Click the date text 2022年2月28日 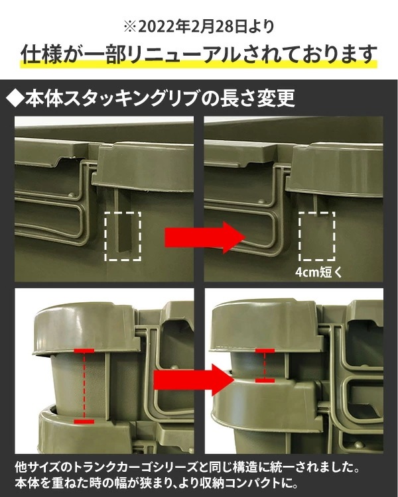[x=192, y=27]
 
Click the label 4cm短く [x=320, y=272]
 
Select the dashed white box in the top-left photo [x=123, y=236]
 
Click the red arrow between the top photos [x=200, y=235]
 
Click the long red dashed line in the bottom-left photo [x=85, y=385]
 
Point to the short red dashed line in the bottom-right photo [x=265, y=365]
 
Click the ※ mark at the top [x=129, y=27]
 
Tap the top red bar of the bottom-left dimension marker [x=85, y=350]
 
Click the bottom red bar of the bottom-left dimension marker [x=85, y=420]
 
